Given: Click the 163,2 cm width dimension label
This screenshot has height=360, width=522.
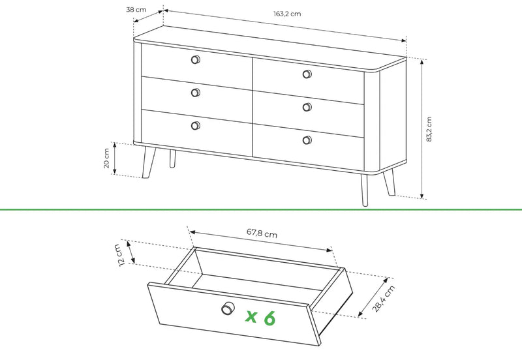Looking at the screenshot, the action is pyautogui.click(x=287, y=14).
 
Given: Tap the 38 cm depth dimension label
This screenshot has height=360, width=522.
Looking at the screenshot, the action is pyautogui.click(x=136, y=10).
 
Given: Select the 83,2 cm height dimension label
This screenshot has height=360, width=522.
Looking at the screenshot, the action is pyautogui.click(x=429, y=129).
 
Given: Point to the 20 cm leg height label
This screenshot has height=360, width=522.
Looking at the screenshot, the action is pyautogui.click(x=106, y=158).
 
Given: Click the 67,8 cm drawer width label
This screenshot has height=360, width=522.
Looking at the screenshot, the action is pyautogui.click(x=262, y=233).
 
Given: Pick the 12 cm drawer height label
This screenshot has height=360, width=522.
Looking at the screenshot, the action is pyautogui.click(x=123, y=255).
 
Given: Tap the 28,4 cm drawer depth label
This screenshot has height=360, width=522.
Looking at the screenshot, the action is pyautogui.click(x=384, y=299).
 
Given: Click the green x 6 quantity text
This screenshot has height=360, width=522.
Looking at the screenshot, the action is pyautogui.click(x=260, y=318).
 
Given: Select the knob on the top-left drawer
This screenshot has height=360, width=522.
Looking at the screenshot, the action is pyautogui.click(x=195, y=59).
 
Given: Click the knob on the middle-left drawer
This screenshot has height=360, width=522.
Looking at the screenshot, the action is pyautogui.click(x=195, y=93).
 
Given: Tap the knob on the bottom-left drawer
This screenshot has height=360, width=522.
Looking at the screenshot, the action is pyautogui.click(x=195, y=125).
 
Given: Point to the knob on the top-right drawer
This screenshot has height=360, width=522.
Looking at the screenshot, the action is pyautogui.click(x=307, y=74).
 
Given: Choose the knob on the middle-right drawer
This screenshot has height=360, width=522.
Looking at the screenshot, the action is pyautogui.click(x=307, y=107).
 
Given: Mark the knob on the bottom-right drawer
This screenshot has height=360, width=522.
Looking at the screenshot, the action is pyautogui.click(x=307, y=140).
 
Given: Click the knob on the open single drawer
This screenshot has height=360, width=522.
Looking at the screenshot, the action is pyautogui.click(x=228, y=308).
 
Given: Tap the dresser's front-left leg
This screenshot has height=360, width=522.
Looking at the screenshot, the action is pyautogui.click(x=148, y=162).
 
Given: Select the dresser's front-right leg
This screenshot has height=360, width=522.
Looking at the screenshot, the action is pyautogui.click(x=364, y=190).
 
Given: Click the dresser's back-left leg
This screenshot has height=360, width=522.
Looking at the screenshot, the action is pyautogui.click(x=172, y=158).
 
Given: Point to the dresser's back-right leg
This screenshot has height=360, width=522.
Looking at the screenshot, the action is pyautogui.click(x=389, y=183).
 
